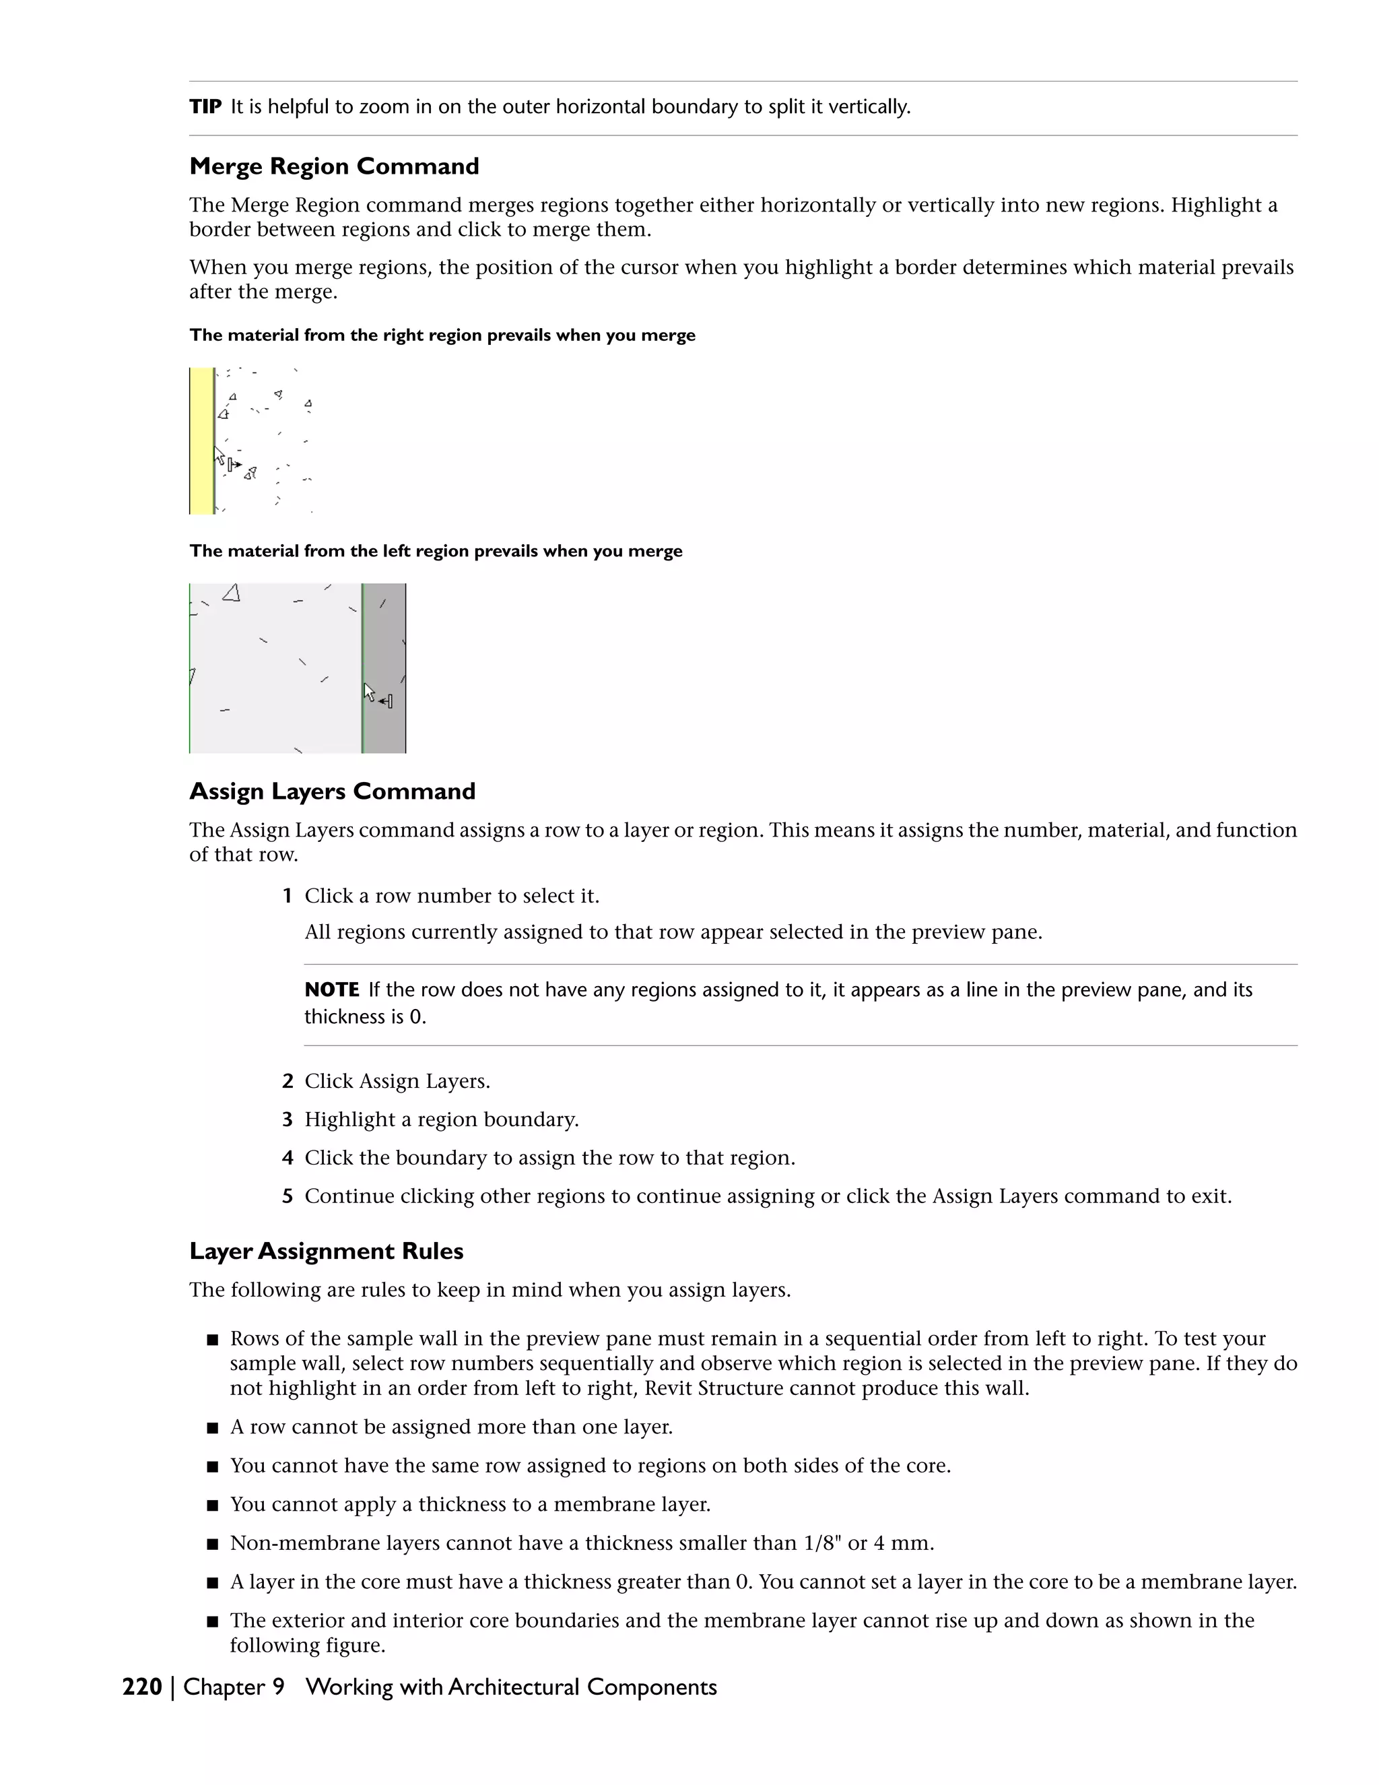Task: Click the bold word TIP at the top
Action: tap(205, 107)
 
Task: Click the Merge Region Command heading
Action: tap(334, 167)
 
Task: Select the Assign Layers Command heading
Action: tap(332, 791)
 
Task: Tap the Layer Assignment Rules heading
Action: tap(326, 1252)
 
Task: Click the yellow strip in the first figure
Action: tap(201, 441)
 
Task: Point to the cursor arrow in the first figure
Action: tap(219, 455)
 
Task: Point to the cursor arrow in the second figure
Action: tap(368, 692)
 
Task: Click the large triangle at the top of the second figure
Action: tap(232, 593)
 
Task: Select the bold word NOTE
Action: tap(332, 989)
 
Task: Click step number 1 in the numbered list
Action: tap(287, 896)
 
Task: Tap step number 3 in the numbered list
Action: tap(287, 1119)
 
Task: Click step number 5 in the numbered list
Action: tap(287, 1196)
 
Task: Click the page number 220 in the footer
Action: tap(142, 1687)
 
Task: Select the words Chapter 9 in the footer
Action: tap(234, 1687)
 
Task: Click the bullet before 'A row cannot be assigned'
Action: tap(212, 1428)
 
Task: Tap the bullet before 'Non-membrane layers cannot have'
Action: tap(212, 1544)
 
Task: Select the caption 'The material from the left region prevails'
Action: tap(436, 551)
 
